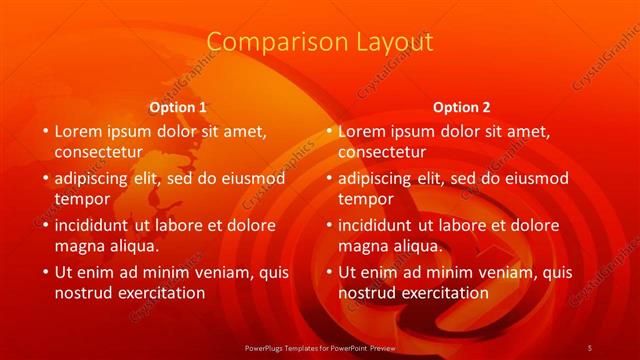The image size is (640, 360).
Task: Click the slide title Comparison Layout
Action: point(320,42)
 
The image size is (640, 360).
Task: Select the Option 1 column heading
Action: point(178,107)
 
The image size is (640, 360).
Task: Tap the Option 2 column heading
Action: point(462,107)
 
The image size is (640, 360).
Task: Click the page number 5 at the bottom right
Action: point(589,347)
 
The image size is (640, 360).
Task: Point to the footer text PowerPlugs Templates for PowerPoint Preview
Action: point(320,347)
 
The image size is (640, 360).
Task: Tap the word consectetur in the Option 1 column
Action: point(98,152)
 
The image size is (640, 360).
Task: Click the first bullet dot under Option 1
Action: point(43,131)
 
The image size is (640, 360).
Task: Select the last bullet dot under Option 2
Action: point(327,272)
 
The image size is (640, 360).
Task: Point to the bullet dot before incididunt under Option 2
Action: point(327,225)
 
